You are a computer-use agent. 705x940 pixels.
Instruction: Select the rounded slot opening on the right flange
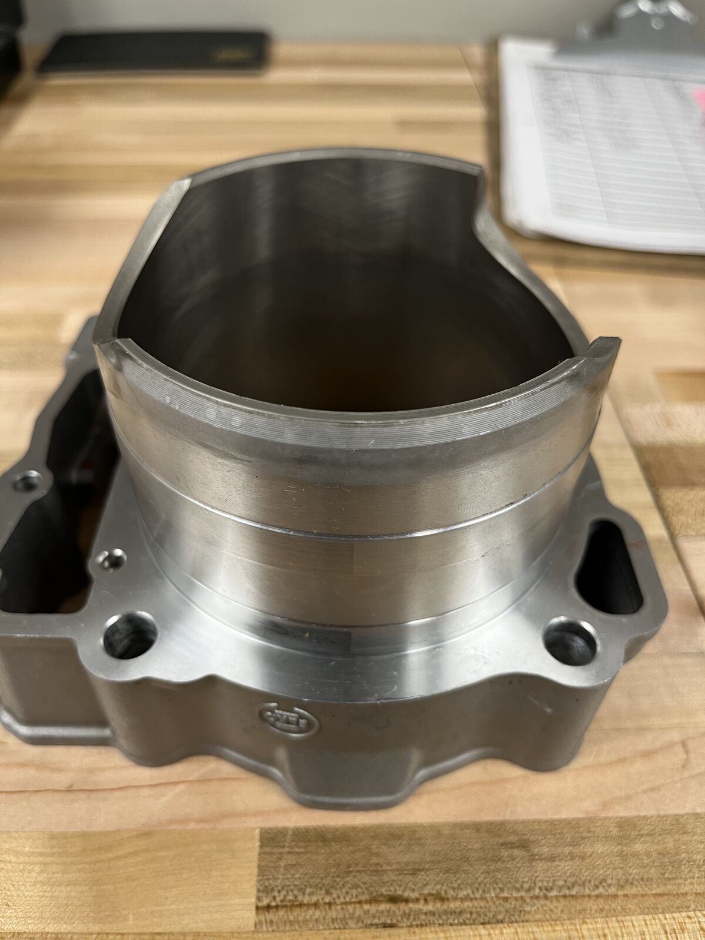pos(605,555)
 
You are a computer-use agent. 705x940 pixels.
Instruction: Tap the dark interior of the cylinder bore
pos(352,329)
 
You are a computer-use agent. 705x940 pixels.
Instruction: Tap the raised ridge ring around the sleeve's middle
pos(352,526)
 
